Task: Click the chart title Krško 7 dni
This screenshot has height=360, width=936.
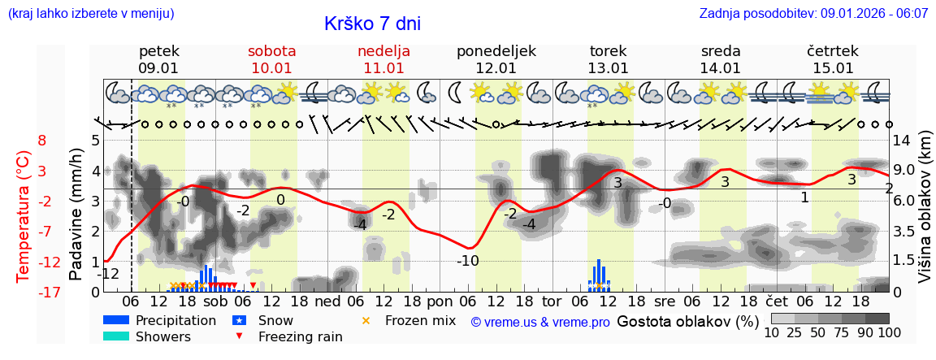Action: pos(372,24)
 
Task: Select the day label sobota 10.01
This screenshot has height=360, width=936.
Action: pos(271,59)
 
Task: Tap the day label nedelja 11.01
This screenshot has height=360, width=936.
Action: pos(383,59)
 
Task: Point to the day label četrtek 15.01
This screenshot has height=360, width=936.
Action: pos(833,59)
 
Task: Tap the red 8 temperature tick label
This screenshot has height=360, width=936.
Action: pos(41,140)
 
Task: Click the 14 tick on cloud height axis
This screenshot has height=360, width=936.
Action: pos(902,140)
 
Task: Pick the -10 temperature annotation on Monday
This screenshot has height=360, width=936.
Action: pos(467,261)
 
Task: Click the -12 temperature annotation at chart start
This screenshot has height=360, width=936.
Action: pos(109,273)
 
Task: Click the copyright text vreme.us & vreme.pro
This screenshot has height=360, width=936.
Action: pos(540,322)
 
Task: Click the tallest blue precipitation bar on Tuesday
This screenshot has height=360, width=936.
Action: pos(599,273)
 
